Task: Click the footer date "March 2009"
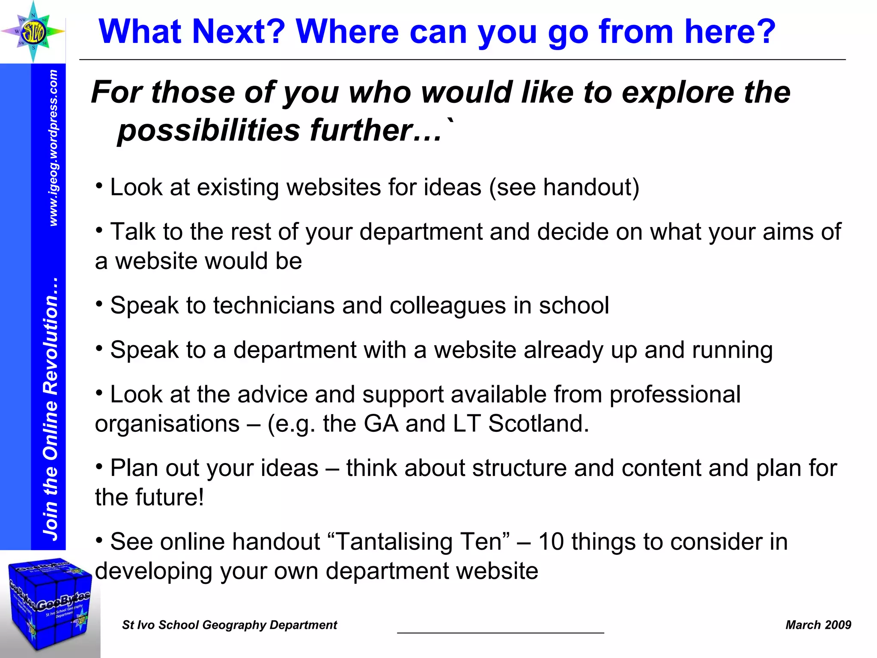pyautogui.click(x=818, y=625)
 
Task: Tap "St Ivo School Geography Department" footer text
pyautogui.click(x=230, y=625)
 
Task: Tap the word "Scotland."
pyautogui.click(x=539, y=424)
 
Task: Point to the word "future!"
pyautogui.click(x=170, y=497)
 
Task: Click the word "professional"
pyautogui.click(x=675, y=394)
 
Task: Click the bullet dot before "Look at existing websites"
pyautogui.click(x=99, y=185)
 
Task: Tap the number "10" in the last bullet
pyautogui.click(x=551, y=541)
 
